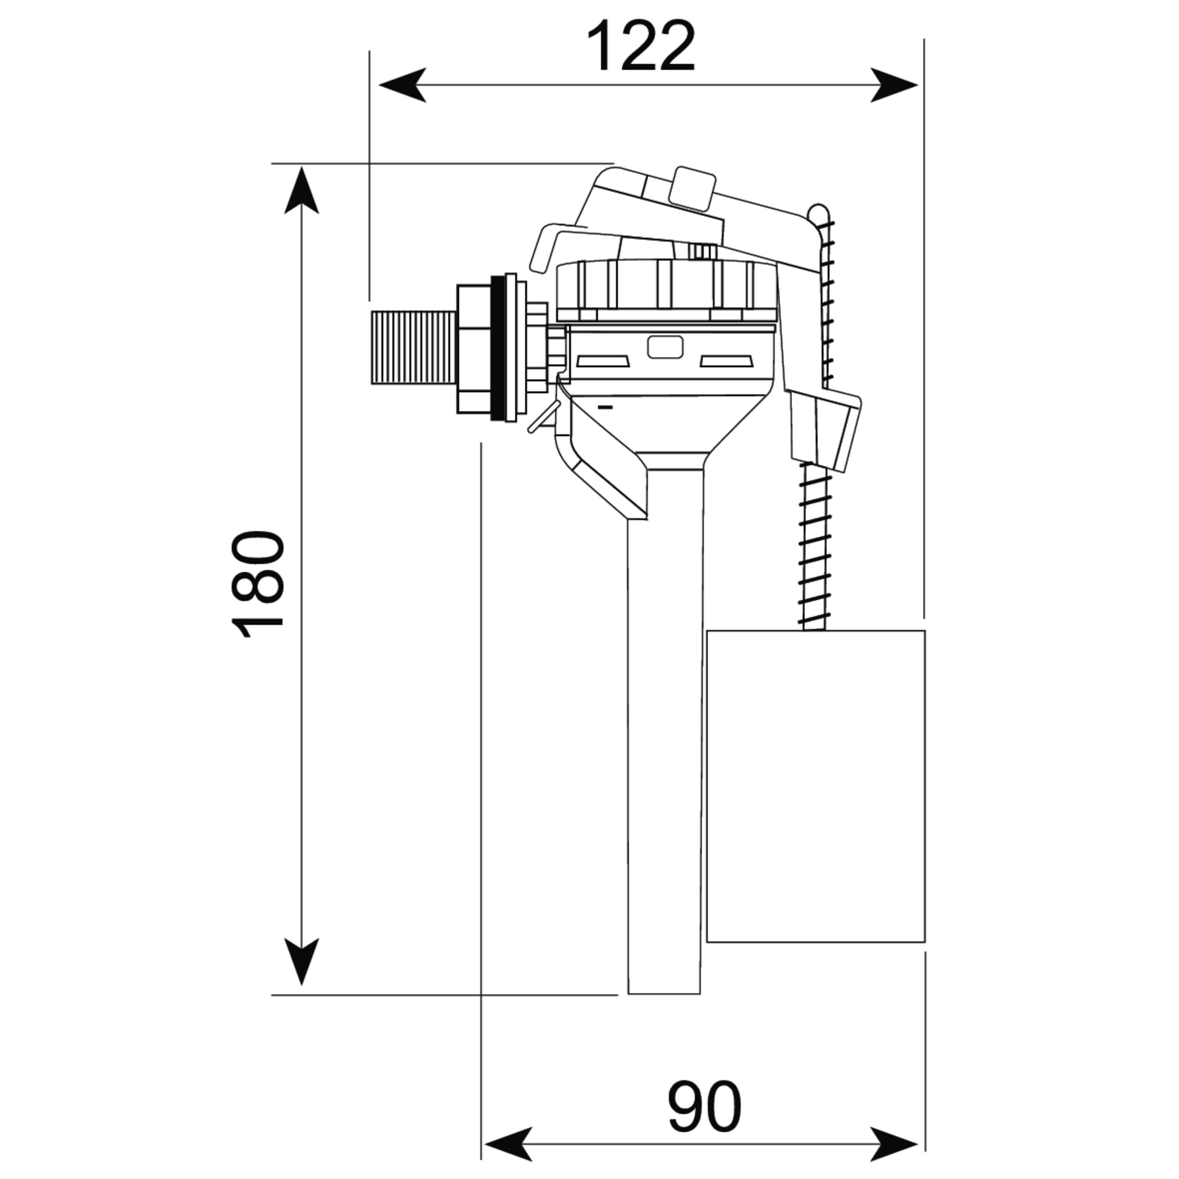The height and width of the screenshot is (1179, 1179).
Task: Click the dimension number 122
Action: pyautogui.click(x=641, y=46)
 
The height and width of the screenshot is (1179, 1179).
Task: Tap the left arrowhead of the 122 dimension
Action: pyautogui.click(x=403, y=85)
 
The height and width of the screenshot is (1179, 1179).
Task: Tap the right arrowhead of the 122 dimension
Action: pyautogui.click(x=894, y=85)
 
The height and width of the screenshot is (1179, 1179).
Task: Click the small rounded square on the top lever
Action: pyautogui.click(x=692, y=189)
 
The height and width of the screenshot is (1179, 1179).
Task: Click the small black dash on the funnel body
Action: pyautogui.click(x=605, y=406)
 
